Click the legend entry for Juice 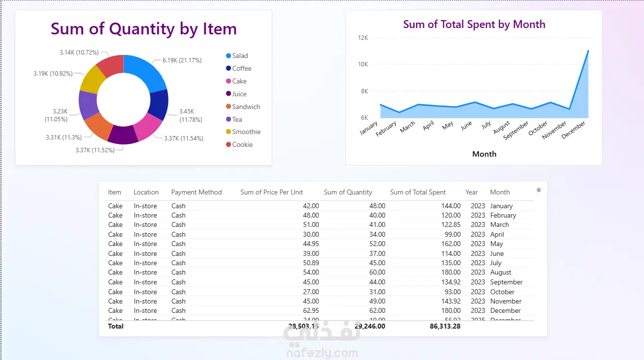pyautogui.click(x=239, y=94)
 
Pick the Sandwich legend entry pyautogui.click(x=246, y=107)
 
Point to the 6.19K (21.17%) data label pyautogui.click(x=182, y=60)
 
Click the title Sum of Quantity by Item pyautogui.click(x=143, y=29)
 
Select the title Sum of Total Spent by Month pyautogui.click(x=474, y=24)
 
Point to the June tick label pyautogui.click(x=466, y=125)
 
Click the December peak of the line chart pyautogui.click(x=588, y=51)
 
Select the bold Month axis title pyautogui.click(x=484, y=154)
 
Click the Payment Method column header pyautogui.click(x=196, y=192)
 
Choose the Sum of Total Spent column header pyautogui.click(x=418, y=192)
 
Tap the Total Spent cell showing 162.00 pyautogui.click(x=450, y=244)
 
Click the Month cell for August pyautogui.click(x=501, y=272)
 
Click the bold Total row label pyautogui.click(x=116, y=326)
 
